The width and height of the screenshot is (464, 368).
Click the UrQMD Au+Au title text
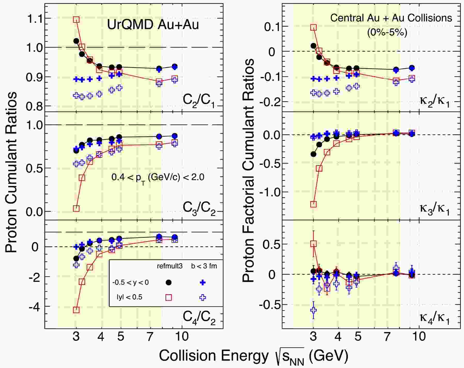click(x=153, y=25)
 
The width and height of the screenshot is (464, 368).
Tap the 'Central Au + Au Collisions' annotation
click(x=391, y=18)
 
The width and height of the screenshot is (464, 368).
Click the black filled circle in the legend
click(x=168, y=283)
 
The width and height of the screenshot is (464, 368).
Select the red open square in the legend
click(x=168, y=297)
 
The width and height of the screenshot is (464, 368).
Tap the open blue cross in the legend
click(x=203, y=297)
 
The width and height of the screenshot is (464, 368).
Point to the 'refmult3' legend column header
click(x=170, y=266)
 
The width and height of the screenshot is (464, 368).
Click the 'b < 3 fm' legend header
click(x=204, y=266)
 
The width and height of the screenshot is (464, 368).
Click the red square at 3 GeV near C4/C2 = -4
click(x=76, y=310)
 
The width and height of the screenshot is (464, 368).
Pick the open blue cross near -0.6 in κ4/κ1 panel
click(x=313, y=310)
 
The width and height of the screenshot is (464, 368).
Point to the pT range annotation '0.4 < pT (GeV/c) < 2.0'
click(x=158, y=177)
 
